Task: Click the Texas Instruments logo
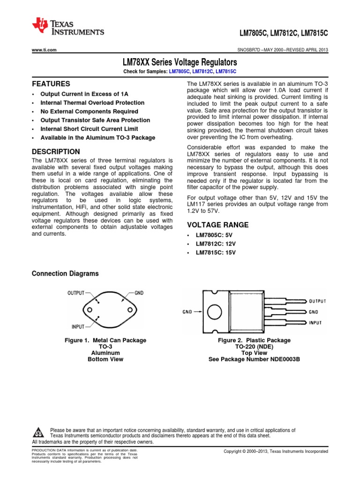[x=68, y=27]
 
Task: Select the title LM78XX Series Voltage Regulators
[x=180, y=62]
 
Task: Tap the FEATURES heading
[x=51, y=84]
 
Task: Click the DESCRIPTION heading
[x=55, y=152]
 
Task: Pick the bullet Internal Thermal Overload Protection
[x=92, y=103]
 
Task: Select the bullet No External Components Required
[x=89, y=112]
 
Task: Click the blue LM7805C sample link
[x=179, y=71]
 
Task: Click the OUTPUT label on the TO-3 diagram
[x=76, y=293]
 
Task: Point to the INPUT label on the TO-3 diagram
[x=77, y=326]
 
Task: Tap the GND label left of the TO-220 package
[x=187, y=312]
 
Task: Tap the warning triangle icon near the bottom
[x=40, y=432]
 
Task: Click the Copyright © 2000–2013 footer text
[x=276, y=451]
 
